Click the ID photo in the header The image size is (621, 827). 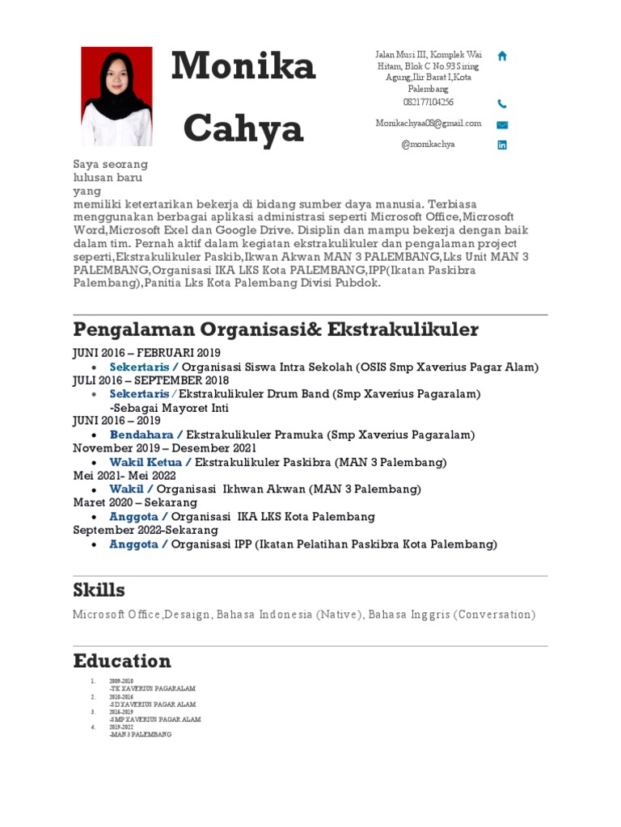coord(116,96)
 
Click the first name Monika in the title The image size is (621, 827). coord(243,66)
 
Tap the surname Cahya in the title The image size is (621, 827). coord(243,128)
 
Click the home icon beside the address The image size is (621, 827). coord(502,56)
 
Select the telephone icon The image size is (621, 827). coord(502,103)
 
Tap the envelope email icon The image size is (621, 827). coord(502,124)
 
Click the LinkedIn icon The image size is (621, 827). coord(502,145)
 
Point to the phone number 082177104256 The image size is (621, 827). coord(428,103)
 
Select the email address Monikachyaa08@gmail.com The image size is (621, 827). coord(428,124)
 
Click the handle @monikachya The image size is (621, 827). coord(428,145)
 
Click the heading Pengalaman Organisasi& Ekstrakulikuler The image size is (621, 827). coord(275,330)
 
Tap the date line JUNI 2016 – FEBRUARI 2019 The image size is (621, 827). coord(146,353)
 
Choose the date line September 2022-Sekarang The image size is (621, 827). coord(146,530)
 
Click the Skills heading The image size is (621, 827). coord(99,590)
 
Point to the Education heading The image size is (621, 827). coord(122,661)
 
